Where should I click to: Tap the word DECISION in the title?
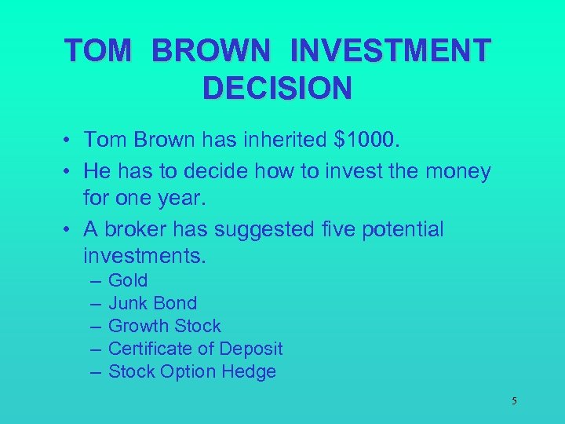coord(277,89)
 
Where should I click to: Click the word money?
coord(455,171)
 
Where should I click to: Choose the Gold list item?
coord(128,280)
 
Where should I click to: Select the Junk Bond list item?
coord(152,303)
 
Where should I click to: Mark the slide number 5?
coord(514,401)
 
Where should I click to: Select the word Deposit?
coord(251,349)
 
